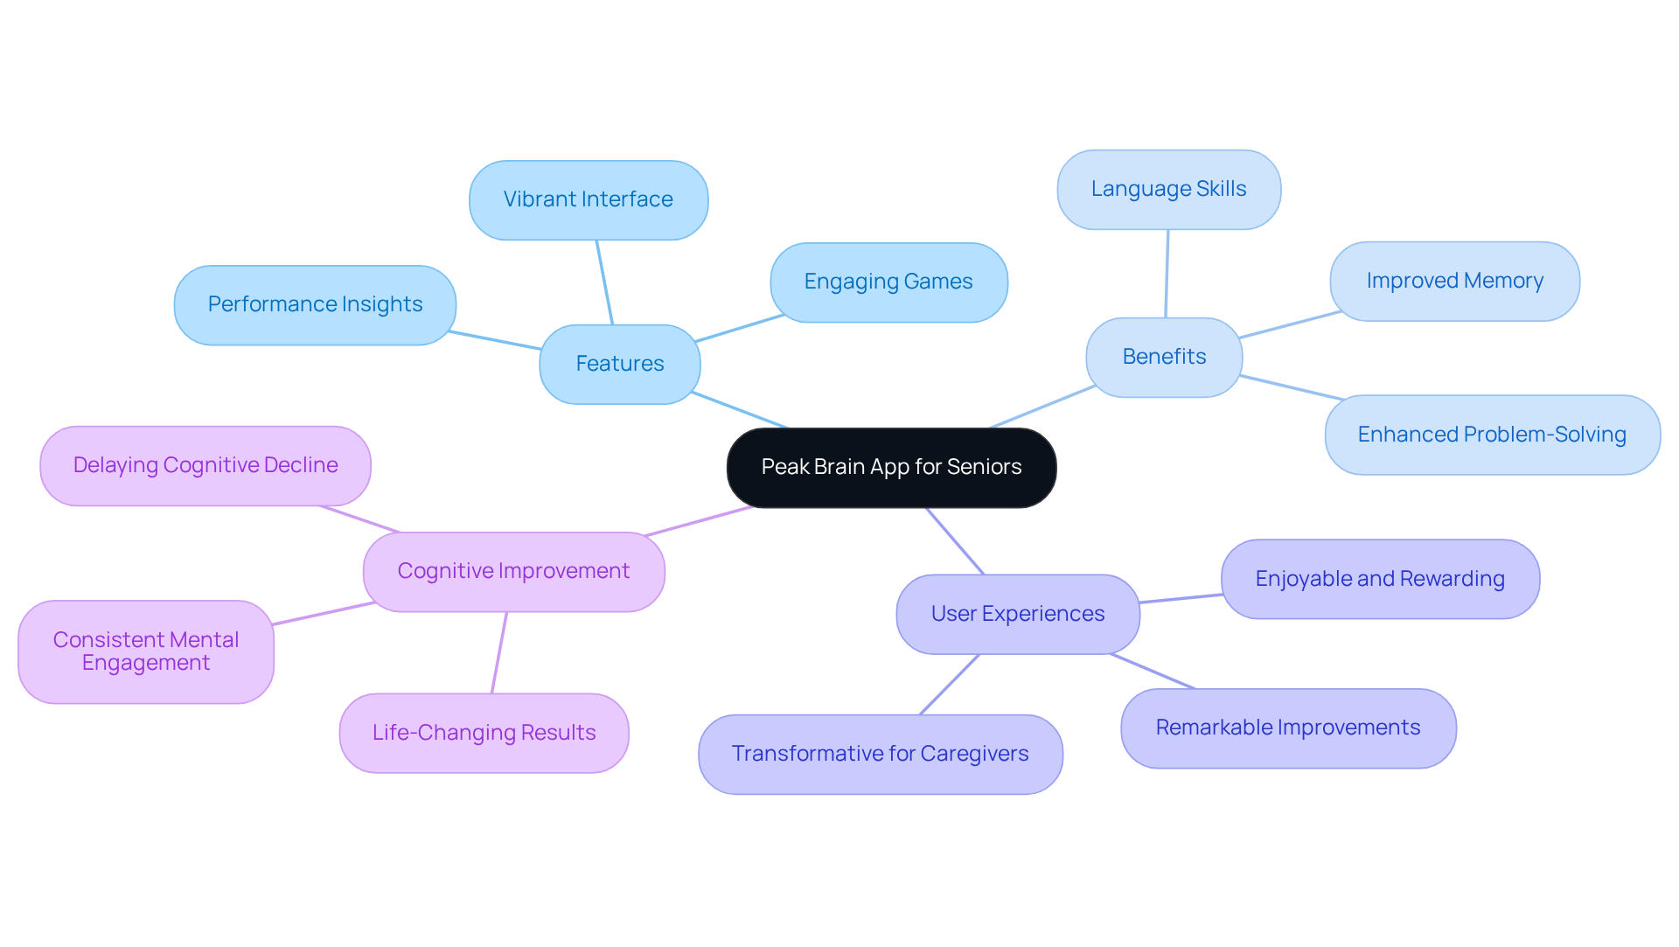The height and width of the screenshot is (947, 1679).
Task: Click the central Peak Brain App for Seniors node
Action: click(891, 467)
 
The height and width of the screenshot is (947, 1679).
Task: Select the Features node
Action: click(619, 364)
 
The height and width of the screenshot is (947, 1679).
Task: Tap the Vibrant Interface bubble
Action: click(588, 199)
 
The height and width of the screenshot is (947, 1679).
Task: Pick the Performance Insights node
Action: click(315, 304)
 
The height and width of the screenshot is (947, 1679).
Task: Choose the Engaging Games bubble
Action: click(888, 282)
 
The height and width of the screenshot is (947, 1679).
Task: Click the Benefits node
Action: click(1164, 357)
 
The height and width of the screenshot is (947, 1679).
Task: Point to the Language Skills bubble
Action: click(1168, 189)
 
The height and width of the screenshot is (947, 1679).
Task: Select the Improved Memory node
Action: click(1454, 281)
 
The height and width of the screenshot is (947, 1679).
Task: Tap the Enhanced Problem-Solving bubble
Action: click(1492, 435)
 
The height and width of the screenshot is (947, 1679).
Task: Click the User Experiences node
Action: click(1018, 614)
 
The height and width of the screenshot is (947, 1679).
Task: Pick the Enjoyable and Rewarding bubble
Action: click(1380, 579)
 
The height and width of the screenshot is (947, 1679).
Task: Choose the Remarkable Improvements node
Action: click(1288, 728)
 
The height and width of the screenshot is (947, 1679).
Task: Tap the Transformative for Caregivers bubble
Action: click(880, 754)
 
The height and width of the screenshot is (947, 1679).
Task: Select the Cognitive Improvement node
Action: click(513, 571)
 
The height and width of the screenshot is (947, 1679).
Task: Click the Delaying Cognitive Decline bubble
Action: click(206, 465)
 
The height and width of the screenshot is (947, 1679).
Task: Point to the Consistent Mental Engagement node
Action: click(146, 651)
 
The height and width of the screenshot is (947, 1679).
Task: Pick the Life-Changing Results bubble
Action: click(484, 733)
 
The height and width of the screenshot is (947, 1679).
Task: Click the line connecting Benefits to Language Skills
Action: click(1167, 274)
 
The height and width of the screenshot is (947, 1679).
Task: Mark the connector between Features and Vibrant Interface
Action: click(604, 282)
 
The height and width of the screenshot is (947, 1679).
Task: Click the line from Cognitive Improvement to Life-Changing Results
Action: click(499, 652)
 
